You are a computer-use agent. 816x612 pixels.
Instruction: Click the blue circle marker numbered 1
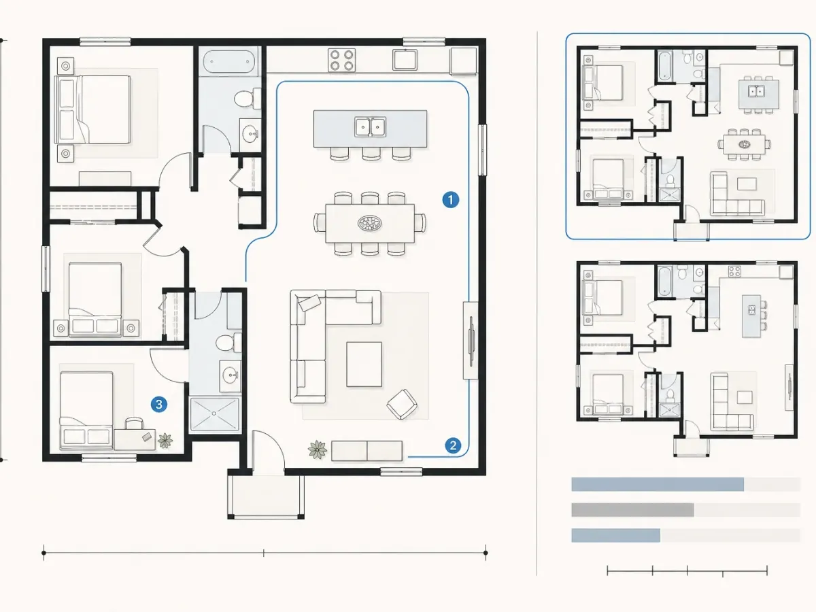point(451,200)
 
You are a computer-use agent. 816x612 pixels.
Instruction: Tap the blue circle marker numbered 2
point(453,445)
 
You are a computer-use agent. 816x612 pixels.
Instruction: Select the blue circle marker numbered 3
point(158,405)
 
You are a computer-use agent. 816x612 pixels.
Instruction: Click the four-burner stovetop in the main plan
point(341,61)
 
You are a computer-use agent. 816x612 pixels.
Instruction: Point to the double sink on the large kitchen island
point(371,126)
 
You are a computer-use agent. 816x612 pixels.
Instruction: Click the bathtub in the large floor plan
point(229,62)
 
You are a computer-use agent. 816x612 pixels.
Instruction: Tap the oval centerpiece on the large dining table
point(369,223)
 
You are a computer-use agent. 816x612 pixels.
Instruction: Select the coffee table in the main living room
point(364,364)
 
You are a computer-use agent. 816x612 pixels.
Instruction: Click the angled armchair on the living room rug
point(402,404)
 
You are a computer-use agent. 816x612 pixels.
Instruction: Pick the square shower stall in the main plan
point(214,414)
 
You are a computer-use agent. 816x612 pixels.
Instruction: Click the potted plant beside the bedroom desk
point(165,441)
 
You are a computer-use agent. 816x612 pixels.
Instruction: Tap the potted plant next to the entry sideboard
point(317,449)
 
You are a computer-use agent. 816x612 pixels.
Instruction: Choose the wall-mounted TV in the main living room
point(471,341)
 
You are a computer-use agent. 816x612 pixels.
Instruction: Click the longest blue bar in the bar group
point(658,485)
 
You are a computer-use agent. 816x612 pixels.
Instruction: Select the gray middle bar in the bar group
point(632,510)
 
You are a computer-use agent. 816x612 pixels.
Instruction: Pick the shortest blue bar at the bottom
point(615,535)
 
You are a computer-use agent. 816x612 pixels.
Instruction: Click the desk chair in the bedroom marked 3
point(134,424)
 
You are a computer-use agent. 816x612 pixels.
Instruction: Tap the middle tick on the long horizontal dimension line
point(264,553)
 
